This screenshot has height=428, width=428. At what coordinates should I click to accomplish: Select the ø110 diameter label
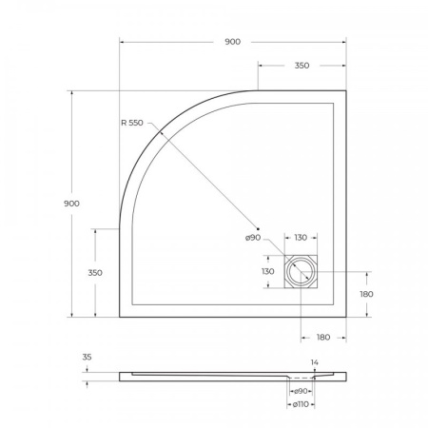pos(301,406)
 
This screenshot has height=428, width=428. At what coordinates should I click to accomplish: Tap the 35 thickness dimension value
pos(87,358)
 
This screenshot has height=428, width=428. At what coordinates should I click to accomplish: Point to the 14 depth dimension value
pos(314,362)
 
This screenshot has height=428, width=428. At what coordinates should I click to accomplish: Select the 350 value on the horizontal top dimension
pos(301,67)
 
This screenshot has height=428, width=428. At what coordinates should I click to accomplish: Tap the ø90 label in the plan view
pos(253,238)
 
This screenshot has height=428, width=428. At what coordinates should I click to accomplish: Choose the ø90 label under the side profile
pos(301,391)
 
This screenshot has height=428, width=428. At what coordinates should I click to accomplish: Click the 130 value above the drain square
pos(301,238)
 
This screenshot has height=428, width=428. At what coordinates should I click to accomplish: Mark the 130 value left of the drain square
pos(269,271)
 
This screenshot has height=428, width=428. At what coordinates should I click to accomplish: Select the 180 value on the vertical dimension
pos(366,294)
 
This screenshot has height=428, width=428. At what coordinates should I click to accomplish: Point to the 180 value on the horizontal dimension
pos(322,337)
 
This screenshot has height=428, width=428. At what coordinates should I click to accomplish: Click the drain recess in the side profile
pos(301,375)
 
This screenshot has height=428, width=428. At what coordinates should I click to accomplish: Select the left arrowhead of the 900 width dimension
pos(123,42)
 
